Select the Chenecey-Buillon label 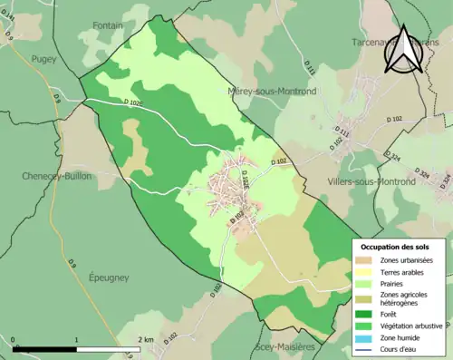coord(56,176)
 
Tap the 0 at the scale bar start coord(14,339)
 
